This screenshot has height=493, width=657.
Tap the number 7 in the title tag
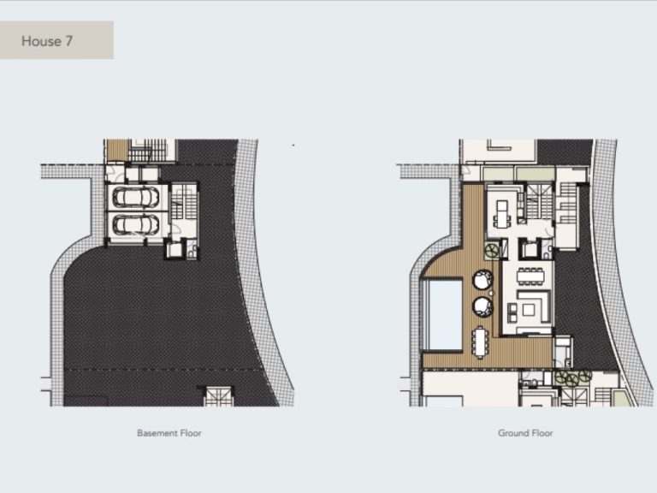(68, 41)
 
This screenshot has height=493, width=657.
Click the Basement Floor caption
(169, 433)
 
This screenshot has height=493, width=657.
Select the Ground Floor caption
(525, 433)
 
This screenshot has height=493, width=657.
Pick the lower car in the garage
(135, 226)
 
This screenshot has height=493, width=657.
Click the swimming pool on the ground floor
(442, 314)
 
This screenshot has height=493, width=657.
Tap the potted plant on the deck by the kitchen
(493, 250)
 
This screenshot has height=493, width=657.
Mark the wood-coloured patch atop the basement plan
(117, 150)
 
